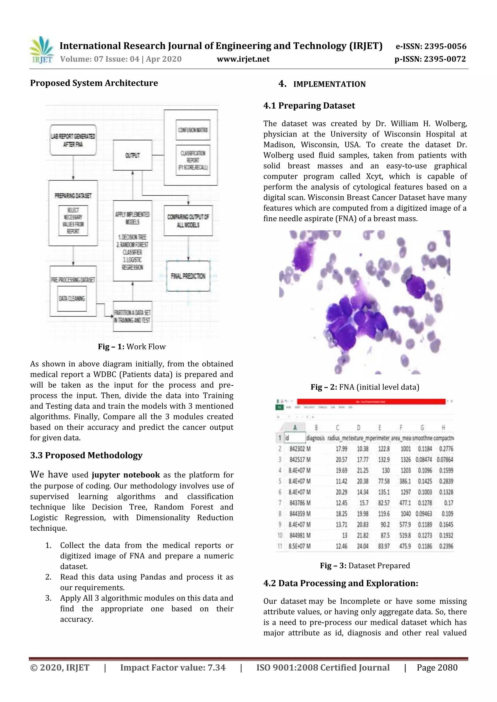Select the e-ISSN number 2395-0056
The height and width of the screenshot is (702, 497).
445,47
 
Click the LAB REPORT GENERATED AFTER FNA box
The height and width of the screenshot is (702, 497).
73,140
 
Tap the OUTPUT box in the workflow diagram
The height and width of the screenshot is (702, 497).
133,155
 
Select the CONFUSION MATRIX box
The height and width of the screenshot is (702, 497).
193,130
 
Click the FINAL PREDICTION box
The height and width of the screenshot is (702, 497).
188,276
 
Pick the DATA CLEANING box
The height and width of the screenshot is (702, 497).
72,298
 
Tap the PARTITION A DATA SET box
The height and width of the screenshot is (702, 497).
132,316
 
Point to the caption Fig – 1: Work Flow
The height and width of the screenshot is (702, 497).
132,346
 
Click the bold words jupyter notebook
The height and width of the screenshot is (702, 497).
125,475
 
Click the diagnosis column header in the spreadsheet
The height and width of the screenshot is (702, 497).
315,438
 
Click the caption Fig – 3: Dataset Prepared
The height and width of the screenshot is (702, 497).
365,566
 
